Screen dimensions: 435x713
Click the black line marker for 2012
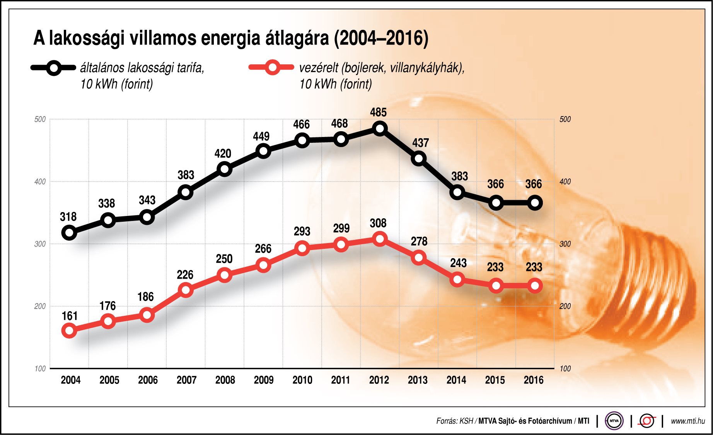tap(380, 128)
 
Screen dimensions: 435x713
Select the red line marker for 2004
tap(69, 331)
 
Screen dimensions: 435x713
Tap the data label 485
tap(378, 112)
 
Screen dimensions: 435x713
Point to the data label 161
tap(70, 316)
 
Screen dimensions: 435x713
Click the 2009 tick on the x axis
tap(264, 380)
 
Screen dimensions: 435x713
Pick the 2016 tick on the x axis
tap(534, 380)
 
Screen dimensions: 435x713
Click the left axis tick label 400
tap(40, 182)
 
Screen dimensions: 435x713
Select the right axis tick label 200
tap(565, 306)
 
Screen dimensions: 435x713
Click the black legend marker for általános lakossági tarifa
tap(54, 68)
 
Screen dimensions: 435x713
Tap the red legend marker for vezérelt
tap(272, 68)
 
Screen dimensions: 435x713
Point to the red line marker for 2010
tap(302, 248)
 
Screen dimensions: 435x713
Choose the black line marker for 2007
tap(186, 192)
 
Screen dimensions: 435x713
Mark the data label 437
tap(420, 143)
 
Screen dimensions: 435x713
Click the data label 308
tap(378, 223)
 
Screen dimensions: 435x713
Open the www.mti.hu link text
tap(688, 421)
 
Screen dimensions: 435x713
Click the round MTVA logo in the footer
tap(614, 421)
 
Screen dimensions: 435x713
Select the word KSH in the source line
tap(466, 421)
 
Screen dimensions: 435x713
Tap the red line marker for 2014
tap(457, 279)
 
